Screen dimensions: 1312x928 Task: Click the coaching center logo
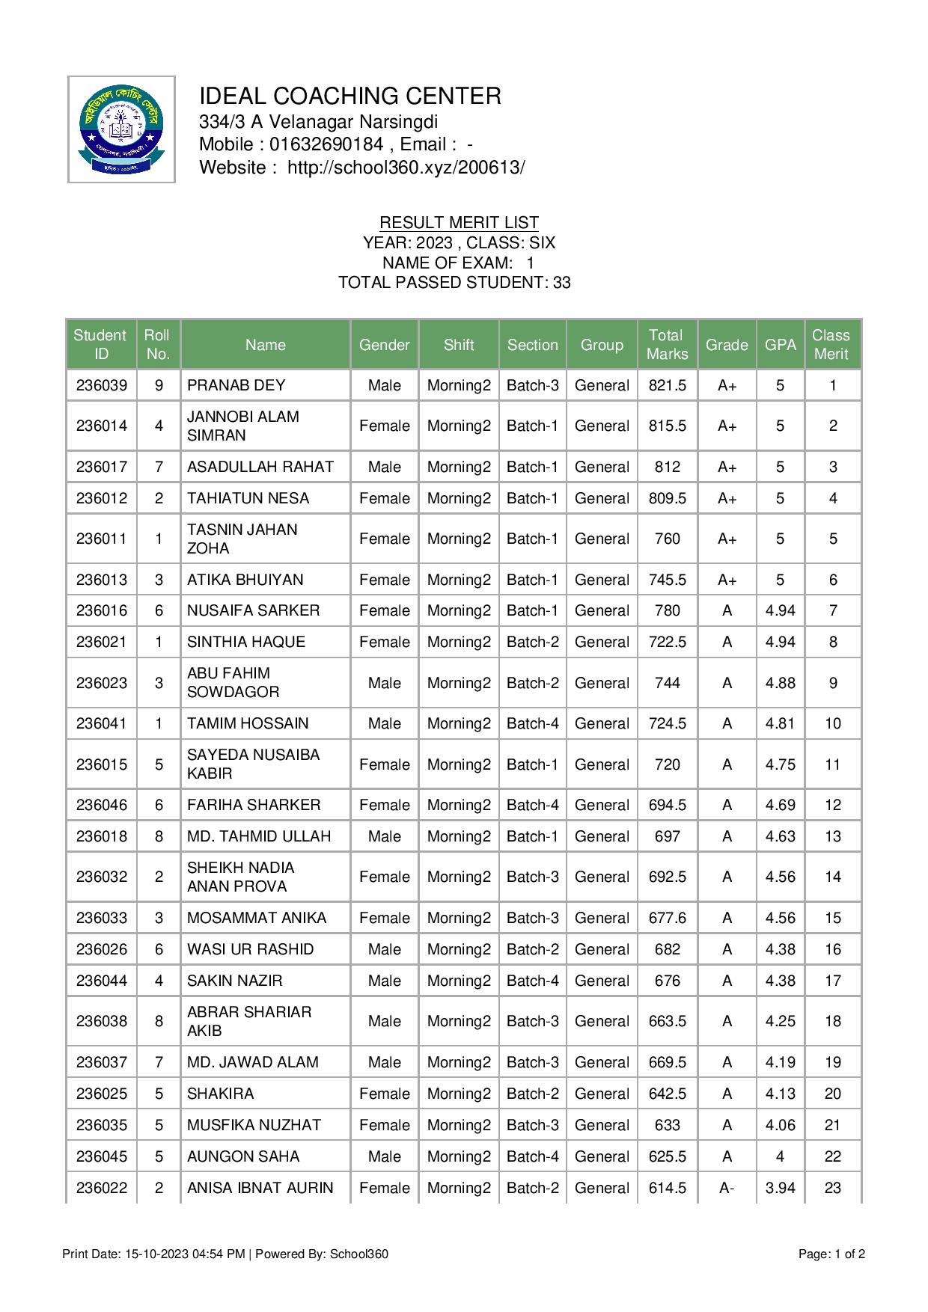pos(121,129)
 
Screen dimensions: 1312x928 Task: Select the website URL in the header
pos(406,168)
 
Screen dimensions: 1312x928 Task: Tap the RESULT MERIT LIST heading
pos(459,222)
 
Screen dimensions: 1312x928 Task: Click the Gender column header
pos(384,345)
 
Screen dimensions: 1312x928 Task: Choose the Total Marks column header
pos(667,345)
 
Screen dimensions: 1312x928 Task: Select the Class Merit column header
pos(832,345)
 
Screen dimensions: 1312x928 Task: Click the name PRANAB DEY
pos(236,385)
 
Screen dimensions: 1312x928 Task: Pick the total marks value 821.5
pos(667,385)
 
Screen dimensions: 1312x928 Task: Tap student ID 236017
pos(102,467)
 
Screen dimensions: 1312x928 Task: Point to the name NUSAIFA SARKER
pos(253,610)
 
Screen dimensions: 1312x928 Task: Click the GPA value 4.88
pos(780,683)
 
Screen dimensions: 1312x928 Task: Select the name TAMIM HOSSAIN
pos(248,723)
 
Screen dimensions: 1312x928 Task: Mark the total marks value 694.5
pos(667,805)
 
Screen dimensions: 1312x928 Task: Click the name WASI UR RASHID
pos(250,949)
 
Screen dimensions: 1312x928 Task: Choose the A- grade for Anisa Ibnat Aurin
pos(726,1188)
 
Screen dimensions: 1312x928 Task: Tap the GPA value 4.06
pos(780,1125)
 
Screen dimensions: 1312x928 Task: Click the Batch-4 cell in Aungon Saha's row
pos(532,1156)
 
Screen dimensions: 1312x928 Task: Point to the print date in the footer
pos(153,1254)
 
